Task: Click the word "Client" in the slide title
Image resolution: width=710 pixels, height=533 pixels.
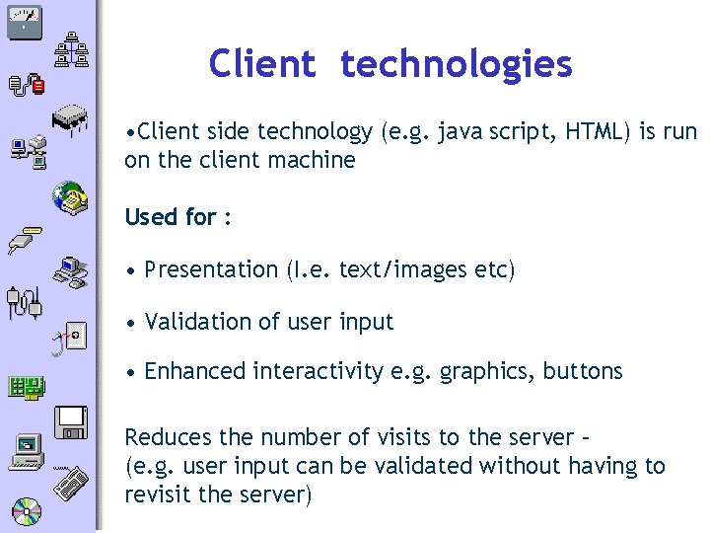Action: (261, 64)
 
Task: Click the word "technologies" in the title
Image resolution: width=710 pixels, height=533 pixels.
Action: (456, 64)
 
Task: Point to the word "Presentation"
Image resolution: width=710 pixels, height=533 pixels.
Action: (211, 269)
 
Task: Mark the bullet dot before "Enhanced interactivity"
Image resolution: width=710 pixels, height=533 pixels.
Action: (131, 372)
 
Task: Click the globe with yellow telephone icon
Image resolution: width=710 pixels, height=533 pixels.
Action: (69, 196)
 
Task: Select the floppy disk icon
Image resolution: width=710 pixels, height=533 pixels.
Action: (72, 421)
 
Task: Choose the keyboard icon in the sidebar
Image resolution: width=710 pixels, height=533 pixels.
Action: (71, 484)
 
